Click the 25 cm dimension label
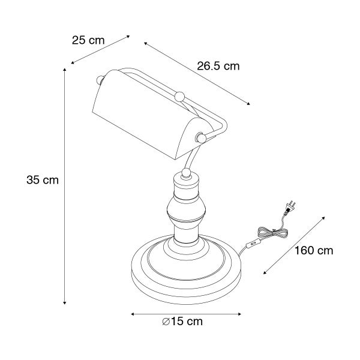tap(88, 41)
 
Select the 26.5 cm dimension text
tap(218, 67)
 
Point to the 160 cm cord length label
tap(313, 250)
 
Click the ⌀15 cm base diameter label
tap(182, 322)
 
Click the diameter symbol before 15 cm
tap(166, 322)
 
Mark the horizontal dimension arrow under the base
tap(186, 313)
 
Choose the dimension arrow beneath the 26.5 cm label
tap(198, 74)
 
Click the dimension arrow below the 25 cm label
tap(100, 49)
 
